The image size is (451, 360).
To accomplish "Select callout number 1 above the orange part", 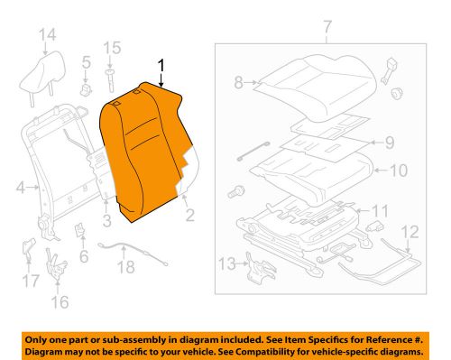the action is click(x=161, y=65).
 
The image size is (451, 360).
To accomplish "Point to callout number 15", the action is click(x=111, y=47).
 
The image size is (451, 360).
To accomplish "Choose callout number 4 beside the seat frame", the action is click(x=21, y=188).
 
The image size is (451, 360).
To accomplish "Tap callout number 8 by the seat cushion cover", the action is click(x=239, y=82).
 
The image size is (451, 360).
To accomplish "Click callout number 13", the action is click(x=226, y=263).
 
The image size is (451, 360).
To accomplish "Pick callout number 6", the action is click(x=84, y=256).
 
